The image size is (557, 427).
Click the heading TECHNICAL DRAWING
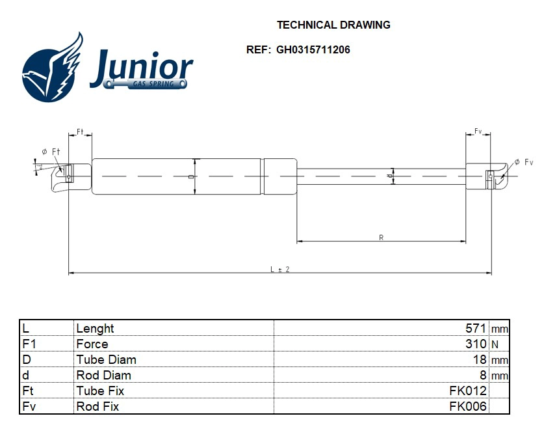[333, 25]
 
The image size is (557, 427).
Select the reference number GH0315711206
[313, 49]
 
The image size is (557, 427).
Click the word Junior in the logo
[142, 68]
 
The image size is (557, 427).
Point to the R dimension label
[381, 238]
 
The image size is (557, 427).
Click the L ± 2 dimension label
[280, 269]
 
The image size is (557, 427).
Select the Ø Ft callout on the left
[51, 152]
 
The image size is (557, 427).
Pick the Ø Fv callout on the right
[524, 162]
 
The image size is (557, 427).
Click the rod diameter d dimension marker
[393, 176]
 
